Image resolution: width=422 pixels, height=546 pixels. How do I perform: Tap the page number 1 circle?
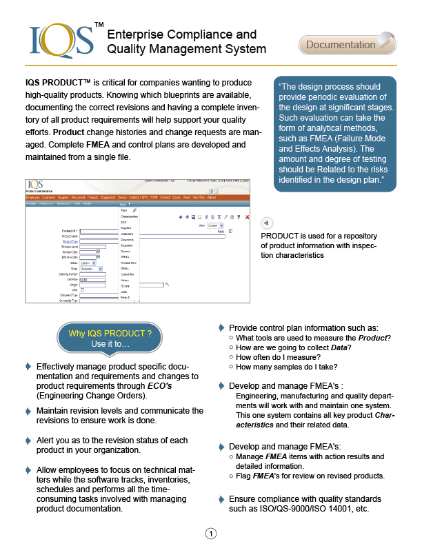[211, 533]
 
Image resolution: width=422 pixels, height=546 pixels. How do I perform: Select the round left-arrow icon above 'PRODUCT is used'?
[268, 223]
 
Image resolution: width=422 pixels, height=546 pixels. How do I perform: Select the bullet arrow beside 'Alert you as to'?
[28, 440]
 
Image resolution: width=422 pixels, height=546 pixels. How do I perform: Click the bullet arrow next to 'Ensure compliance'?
[221, 498]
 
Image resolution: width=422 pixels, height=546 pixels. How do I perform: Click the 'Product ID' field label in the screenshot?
[69, 230]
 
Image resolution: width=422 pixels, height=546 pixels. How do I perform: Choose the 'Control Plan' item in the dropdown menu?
[128, 274]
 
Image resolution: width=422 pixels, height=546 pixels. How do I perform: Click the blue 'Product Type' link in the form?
[70, 241]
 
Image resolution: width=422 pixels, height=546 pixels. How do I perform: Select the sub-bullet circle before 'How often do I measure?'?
[230, 358]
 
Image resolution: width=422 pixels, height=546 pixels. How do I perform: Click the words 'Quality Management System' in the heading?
[186, 49]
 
